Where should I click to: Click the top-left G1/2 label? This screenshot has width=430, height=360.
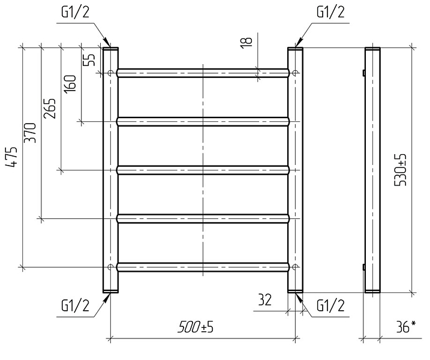coord(76,13)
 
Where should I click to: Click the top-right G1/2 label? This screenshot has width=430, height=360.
coord(330,13)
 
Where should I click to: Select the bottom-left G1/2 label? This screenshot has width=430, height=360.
coord(76,305)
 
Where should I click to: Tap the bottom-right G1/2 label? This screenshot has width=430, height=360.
coord(330,305)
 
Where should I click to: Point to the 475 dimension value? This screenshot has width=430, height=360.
coord(11,157)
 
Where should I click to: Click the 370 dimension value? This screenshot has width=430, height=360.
coord(30,133)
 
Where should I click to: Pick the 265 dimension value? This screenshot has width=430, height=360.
coord(50,109)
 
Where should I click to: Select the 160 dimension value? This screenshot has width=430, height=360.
coord(70,84)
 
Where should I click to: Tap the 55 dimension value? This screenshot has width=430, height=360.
coord(89,59)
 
